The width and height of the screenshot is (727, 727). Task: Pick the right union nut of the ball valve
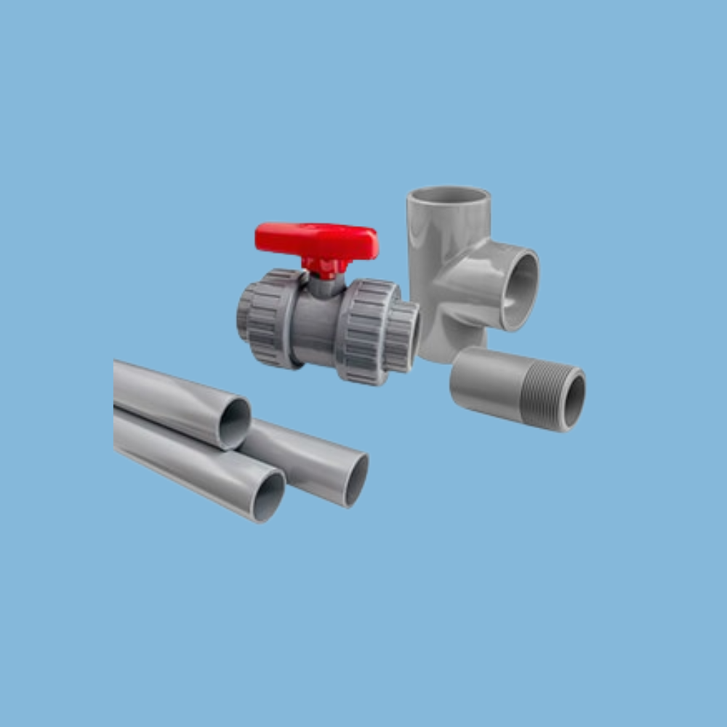click(x=367, y=331)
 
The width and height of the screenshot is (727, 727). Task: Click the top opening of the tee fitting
click(x=449, y=195)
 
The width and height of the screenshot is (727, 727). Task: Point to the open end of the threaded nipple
click(x=574, y=400)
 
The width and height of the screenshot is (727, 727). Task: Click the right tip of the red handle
click(x=374, y=244)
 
